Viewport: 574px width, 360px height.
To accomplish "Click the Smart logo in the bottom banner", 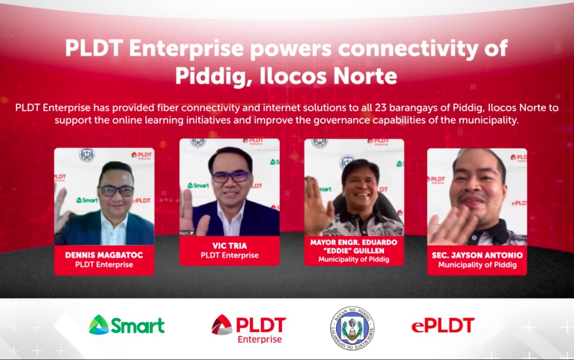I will (127, 325).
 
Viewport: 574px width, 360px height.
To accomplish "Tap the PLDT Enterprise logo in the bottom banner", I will (249, 328).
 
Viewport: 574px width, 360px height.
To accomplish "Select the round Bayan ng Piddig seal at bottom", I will (352, 328).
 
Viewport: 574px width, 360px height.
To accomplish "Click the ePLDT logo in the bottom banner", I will (443, 325).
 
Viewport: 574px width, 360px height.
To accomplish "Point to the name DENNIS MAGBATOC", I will (104, 255).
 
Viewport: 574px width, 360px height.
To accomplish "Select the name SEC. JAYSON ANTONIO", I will (477, 255).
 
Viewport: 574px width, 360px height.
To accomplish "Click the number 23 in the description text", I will (380, 108).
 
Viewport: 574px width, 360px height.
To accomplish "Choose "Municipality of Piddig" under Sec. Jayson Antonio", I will (477, 265).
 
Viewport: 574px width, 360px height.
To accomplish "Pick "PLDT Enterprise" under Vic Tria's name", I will (229, 255).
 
